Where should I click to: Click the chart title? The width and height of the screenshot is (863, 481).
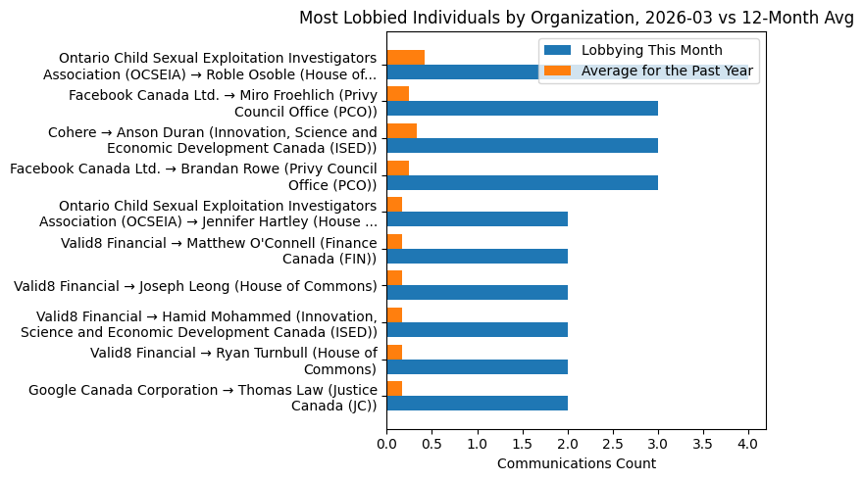click(576, 18)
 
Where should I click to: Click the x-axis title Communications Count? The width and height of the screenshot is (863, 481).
click(576, 463)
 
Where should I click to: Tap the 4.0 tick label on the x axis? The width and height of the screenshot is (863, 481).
click(748, 444)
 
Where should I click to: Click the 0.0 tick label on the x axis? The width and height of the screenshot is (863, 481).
click(386, 444)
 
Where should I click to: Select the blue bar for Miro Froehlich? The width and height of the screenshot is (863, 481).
click(522, 109)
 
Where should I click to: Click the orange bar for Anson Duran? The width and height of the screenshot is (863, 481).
click(401, 130)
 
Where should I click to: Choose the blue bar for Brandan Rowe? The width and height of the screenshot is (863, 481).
click(522, 182)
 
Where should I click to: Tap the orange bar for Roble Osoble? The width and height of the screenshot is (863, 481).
click(405, 57)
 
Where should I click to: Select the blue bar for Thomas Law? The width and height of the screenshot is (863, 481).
click(477, 403)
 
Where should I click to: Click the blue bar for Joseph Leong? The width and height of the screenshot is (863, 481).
click(477, 293)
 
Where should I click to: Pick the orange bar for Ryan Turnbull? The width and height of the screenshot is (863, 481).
click(394, 352)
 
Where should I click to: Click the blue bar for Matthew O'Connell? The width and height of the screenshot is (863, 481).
click(477, 256)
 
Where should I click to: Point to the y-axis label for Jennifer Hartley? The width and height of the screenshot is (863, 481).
click(218, 213)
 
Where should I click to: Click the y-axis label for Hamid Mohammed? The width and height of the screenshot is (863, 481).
click(206, 323)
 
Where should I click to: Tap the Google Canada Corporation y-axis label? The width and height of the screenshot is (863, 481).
click(202, 397)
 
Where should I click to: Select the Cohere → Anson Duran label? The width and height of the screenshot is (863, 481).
click(212, 140)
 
